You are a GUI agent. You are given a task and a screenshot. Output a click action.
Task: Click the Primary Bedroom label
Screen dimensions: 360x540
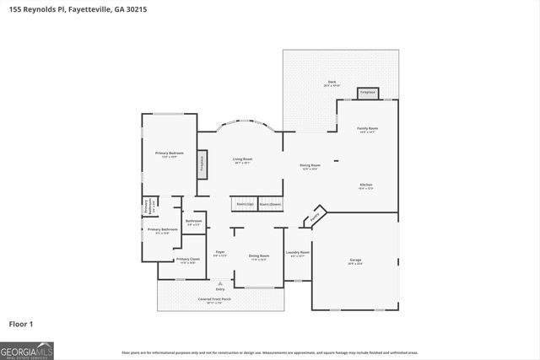[170, 153]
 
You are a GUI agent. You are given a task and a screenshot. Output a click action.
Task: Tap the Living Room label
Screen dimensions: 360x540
[242, 159]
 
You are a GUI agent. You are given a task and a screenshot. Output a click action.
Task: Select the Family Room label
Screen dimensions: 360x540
[368, 129]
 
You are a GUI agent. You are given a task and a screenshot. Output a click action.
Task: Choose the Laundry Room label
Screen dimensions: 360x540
[298, 253]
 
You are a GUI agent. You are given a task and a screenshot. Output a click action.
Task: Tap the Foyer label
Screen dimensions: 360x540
[219, 253]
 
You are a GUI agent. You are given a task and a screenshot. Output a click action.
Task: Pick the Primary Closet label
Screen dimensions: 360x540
[187, 260]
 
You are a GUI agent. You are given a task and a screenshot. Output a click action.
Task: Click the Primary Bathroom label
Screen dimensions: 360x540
[163, 229]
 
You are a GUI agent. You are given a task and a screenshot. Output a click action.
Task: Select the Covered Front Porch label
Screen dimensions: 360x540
[214, 299]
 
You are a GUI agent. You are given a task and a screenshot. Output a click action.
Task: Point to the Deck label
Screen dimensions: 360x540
[331, 83]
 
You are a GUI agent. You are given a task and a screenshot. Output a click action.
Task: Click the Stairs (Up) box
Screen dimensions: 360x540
[244, 205]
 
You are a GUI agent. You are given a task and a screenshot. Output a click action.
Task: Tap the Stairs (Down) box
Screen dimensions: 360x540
[270, 205]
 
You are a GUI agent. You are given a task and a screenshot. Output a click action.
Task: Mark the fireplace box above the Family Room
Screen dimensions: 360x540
[367, 93]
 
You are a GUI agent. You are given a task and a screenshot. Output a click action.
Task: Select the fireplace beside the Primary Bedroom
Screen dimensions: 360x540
[202, 164]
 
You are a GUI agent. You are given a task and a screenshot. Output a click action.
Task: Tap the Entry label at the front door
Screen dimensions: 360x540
[220, 289]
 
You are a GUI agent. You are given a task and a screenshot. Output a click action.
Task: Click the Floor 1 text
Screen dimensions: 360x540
[20, 324]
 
